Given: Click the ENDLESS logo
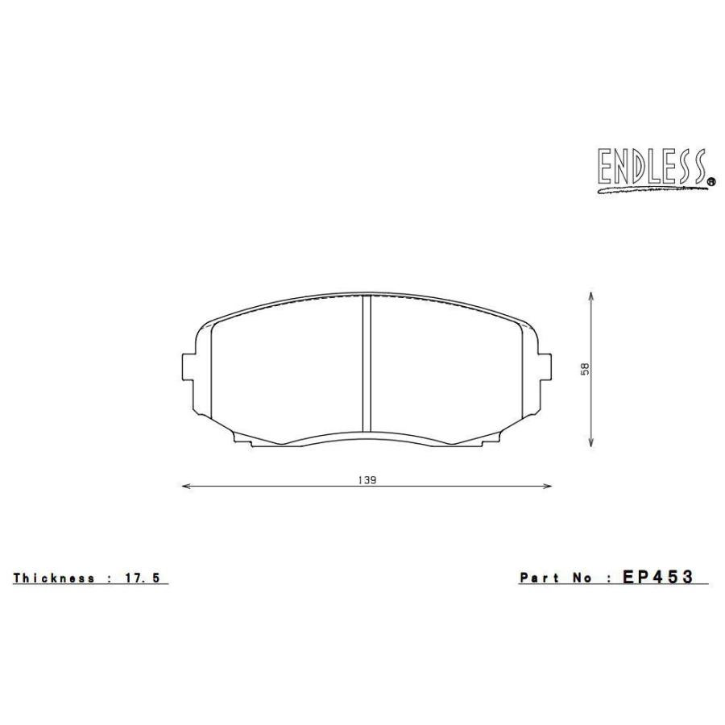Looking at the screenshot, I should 651,168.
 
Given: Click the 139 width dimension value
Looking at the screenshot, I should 367,478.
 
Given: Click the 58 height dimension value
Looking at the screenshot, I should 586,368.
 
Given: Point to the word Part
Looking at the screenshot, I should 539,578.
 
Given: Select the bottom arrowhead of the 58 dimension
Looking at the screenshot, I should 593,442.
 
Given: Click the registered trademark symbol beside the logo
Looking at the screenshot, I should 710,183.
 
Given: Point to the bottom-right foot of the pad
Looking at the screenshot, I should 492,438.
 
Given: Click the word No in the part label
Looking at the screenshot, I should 582,578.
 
